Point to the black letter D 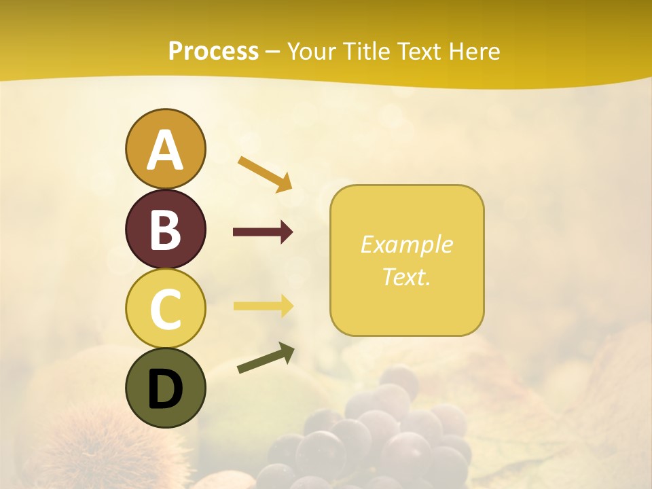[x=165, y=389]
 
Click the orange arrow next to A [x=265, y=173]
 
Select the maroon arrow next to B [x=263, y=232]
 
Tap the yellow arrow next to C [x=263, y=306]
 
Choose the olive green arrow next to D [x=266, y=359]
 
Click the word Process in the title [x=213, y=52]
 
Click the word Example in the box [x=406, y=244]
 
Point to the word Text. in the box [x=406, y=276]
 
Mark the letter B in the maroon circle [x=165, y=230]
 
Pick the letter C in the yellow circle [x=165, y=309]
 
